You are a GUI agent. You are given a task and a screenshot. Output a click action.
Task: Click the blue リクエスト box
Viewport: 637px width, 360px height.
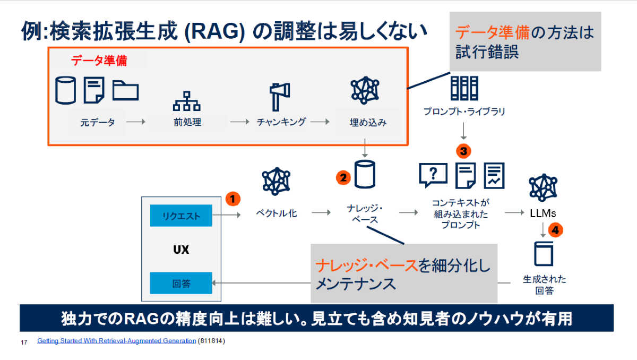point(181,216)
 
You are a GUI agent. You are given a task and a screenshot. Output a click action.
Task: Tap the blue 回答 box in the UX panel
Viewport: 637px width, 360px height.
point(181,283)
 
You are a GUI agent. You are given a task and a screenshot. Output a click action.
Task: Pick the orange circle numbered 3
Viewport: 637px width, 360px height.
point(464,151)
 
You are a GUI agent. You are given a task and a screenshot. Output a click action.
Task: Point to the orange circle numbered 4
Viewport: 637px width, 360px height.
point(555,230)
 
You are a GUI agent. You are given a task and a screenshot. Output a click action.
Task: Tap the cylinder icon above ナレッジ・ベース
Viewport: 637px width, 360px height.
point(365,174)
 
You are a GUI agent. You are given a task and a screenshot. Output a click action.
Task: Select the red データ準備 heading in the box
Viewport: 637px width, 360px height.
point(99,61)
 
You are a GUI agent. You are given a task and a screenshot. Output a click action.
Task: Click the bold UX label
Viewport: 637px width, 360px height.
point(181,250)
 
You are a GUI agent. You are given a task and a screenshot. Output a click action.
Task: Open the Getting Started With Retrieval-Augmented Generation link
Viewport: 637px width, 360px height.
point(116,341)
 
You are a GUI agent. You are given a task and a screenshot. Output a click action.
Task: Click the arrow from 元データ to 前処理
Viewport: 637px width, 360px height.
point(136,122)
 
